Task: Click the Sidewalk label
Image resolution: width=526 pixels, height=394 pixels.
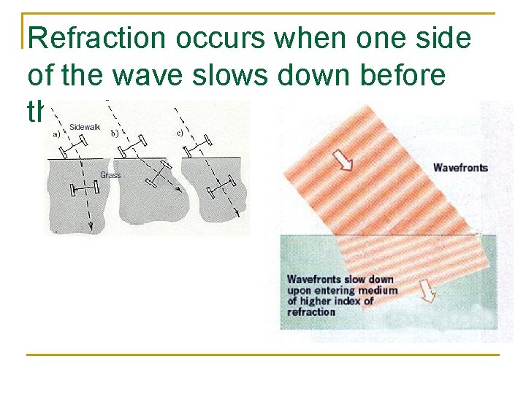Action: (x=85, y=127)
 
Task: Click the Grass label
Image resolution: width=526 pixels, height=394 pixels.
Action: (x=110, y=175)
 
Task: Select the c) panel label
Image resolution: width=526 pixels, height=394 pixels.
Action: (x=178, y=132)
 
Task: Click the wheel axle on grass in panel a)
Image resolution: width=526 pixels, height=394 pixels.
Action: (x=84, y=190)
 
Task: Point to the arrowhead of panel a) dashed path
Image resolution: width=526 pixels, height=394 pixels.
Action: (x=91, y=228)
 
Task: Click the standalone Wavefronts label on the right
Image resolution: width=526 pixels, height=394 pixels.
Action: (x=460, y=168)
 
